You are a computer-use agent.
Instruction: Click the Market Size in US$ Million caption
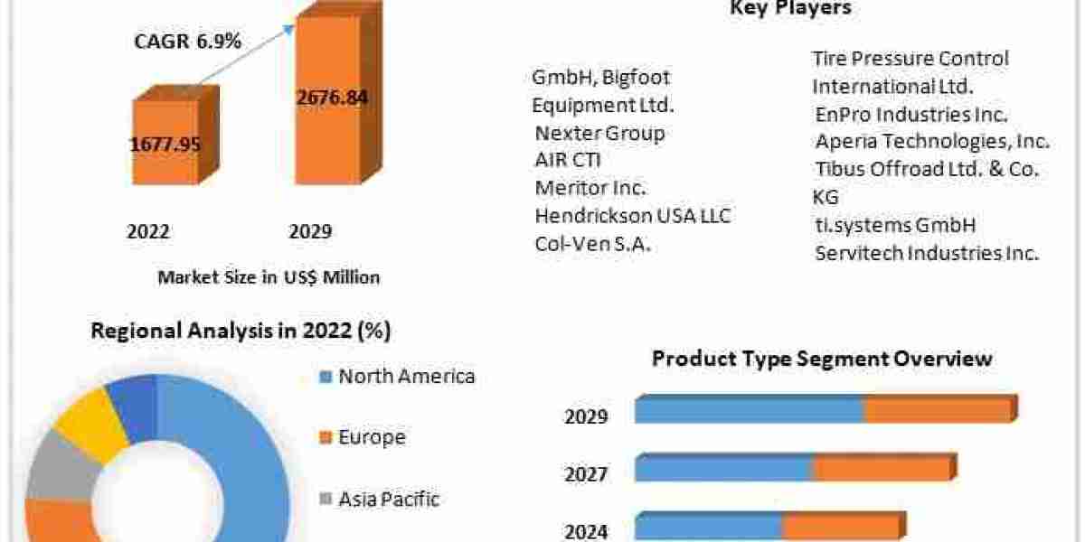click(269, 277)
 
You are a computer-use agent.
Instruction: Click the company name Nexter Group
click(599, 133)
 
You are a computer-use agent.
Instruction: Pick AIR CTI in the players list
click(568, 161)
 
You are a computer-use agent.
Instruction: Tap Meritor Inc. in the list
click(590, 188)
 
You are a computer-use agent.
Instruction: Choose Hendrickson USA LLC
click(633, 216)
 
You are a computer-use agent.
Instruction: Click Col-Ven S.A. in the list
click(592, 244)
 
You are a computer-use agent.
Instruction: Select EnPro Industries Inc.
click(911, 115)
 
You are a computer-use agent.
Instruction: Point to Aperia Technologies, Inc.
click(932, 142)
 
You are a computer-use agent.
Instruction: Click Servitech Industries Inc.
click(927, 253)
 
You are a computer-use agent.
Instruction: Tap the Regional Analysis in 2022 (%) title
click(241, 332)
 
